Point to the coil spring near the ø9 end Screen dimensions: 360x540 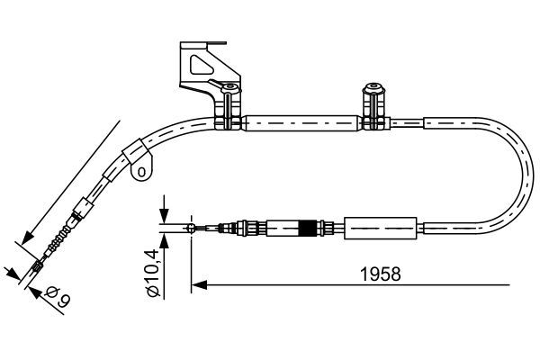coord(58,241)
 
